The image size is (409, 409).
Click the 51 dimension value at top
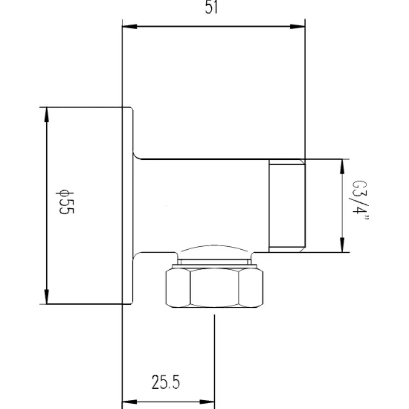click(x=211, y=7)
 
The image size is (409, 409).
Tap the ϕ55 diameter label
click(x=65, y=202)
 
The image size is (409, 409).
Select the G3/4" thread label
click(x=359, y=201)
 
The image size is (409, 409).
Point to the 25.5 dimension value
click(x=166, y=382)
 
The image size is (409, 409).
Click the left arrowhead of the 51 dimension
click(x=129, y=26)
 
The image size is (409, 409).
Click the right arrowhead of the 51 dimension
click(x=297, y=26)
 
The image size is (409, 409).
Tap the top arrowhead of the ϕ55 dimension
click(x=47, y=115)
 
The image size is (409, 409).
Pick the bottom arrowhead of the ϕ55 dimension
click(x=47, y=297)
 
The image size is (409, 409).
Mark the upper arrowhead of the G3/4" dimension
click(x=343, y=167)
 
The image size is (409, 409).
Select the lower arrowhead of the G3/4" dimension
click(x=343, y=245)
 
